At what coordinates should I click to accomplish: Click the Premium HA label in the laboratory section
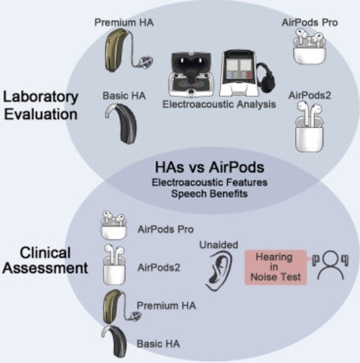(124, 23)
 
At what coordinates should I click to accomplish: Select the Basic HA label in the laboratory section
(124, 96)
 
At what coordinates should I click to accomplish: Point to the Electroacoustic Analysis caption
(219, 104)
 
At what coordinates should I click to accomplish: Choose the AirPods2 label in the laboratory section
(309, 96)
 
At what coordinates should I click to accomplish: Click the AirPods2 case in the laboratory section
(309, 127)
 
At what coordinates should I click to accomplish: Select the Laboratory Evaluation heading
(40, 105)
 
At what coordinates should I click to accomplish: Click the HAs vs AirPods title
(210, 167)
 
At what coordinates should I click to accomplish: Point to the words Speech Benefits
(210, 194)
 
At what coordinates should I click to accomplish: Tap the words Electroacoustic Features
(210, 182)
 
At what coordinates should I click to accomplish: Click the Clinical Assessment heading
(45, 260)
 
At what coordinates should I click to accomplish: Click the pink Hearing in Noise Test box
(275, 267)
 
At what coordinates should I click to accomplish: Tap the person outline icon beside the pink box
(331, 266)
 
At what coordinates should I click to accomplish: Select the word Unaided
(219, 245)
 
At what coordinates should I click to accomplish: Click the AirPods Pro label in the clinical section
(165, 230)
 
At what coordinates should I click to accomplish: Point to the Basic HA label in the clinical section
(158, 343)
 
